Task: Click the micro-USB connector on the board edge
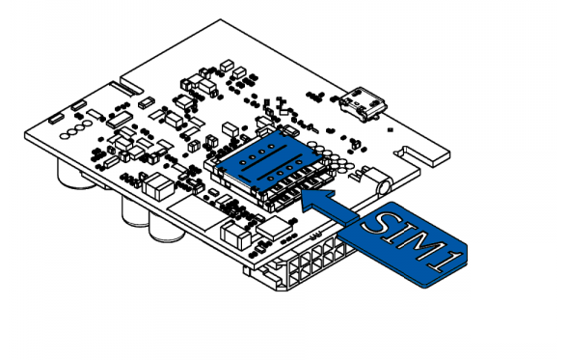coord(364,103)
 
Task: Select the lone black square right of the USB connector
coord(391,129)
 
